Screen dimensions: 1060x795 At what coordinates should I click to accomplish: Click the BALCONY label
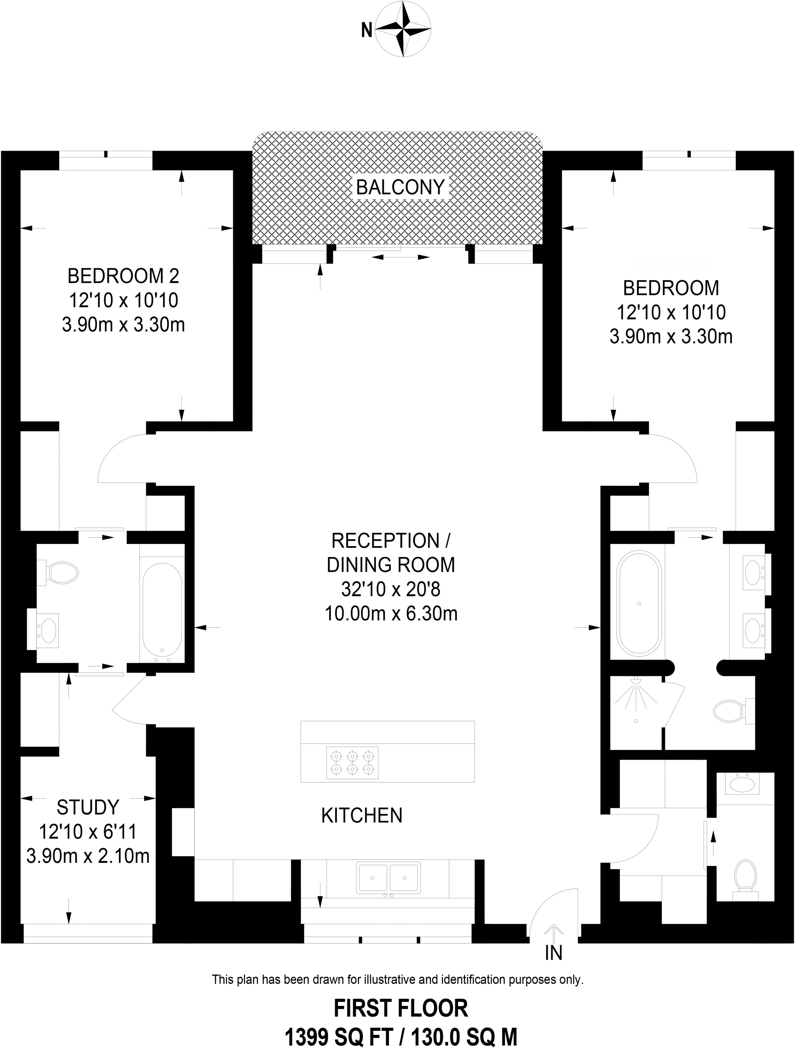(400, 187)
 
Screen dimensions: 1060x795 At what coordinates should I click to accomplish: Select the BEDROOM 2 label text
(123, 277)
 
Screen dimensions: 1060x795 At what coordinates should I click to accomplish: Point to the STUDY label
(88, 808)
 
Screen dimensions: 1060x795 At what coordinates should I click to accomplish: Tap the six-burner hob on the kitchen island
(352, 762)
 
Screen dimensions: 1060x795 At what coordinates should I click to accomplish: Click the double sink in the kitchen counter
(388, 877)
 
